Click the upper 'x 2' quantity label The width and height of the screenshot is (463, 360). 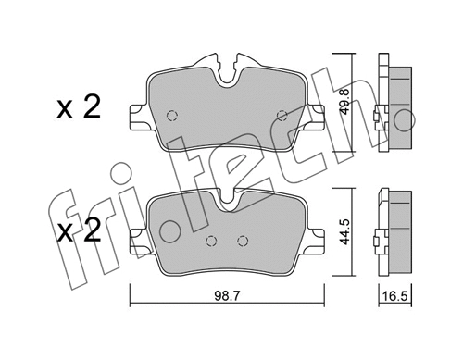[x=78, y=109]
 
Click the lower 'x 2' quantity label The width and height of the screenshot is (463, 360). [x=78, y=230]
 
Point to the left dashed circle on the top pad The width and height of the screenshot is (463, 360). [x=171, y=116]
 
